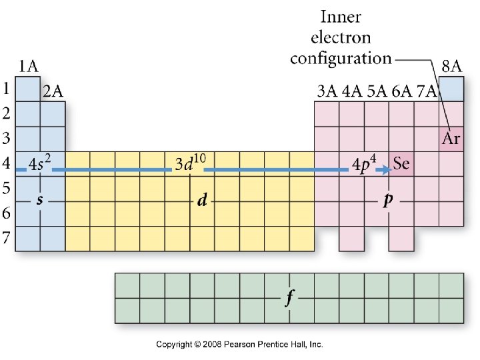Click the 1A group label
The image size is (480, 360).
[x=27, y=66]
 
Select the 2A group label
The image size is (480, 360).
[x=53, y=92]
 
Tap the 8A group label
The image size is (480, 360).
[x=451, y=66]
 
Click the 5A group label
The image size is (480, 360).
[x=377, y=92]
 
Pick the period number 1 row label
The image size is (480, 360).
[x=6, y=89]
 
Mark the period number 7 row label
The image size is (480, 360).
[x=6, y=239]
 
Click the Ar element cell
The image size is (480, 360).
[x=451, y=139]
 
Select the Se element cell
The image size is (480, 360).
[x=401, y=164]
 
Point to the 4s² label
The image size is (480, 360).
[x=41, y=163]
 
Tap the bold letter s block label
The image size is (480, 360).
[x=40, y=201]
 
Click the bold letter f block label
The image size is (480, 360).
[x=289, y=298]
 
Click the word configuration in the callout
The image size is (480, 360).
[x=341, y=58]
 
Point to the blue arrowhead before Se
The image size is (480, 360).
[x=386, y=170]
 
